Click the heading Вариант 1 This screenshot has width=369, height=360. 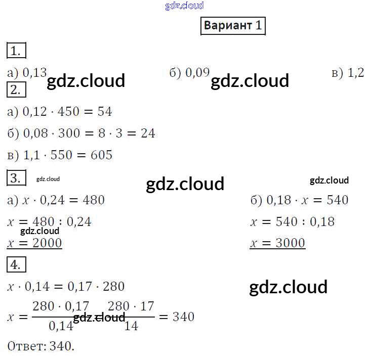click(233, 25)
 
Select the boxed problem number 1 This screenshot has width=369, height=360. click(16, 51)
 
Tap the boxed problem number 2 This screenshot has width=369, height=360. click(16, 90)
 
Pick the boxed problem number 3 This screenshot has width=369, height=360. click(16, 178)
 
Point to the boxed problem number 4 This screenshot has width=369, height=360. click(16, 264)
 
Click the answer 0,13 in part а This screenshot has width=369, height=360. click(34, 73)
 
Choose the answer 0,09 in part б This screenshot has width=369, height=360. click(197, 73)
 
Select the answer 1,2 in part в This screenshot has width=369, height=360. click(356, 73)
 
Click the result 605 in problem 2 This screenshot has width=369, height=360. click(101, 155)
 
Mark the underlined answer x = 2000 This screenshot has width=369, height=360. click(34, 243)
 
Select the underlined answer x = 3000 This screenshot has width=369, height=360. click(277, 243)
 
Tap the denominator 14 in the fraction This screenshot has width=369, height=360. click(131, 326)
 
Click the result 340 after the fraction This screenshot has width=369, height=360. click(183, 317)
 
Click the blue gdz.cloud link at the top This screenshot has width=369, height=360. click(184, 6)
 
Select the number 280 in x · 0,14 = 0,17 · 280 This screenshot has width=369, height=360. click(113, 287)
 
